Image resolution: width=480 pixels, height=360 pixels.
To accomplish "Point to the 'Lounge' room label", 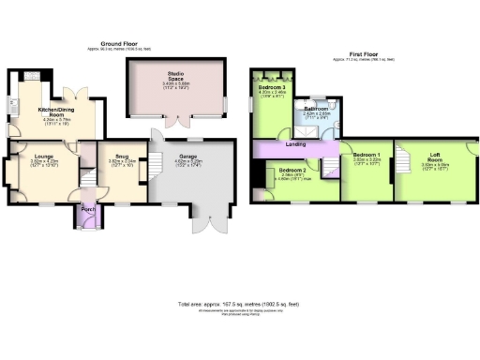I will tap(44, 157).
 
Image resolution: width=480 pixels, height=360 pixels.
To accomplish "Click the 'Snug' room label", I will tap(122, 157).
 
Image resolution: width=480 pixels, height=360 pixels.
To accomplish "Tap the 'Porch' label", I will tap(87, 209).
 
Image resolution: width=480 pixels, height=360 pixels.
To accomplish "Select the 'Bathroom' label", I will tap(316, 108).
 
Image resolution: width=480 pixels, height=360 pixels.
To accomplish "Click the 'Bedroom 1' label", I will tap(367, 152).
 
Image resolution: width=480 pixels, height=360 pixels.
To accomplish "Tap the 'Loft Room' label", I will tap(436, 157).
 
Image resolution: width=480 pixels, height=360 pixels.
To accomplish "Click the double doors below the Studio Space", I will tap(175, 120).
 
